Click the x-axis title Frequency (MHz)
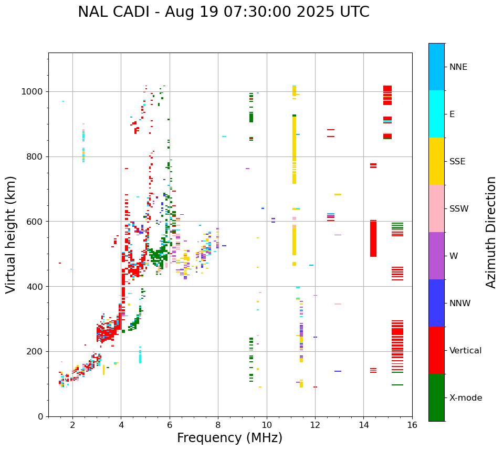(x=229, y=438)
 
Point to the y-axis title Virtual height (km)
(x=11, y=234)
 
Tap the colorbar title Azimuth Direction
(x=491, y=232)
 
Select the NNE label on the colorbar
(x=458, y=67)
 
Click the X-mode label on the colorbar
(x=465, y=398)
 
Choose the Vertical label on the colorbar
(x=465, y=351)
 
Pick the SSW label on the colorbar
(x=459, y=209)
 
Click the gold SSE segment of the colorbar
(x=436, y=161)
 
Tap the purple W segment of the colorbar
(x=436, y=256)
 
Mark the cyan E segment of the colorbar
(x=436, y=114)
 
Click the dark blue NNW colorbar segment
(x=436, y=303)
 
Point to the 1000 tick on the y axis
(x=35, y=92)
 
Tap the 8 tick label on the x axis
(x=218, y=425)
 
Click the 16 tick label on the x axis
(x=412, y=425)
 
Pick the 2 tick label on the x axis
(x=72, y=425)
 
